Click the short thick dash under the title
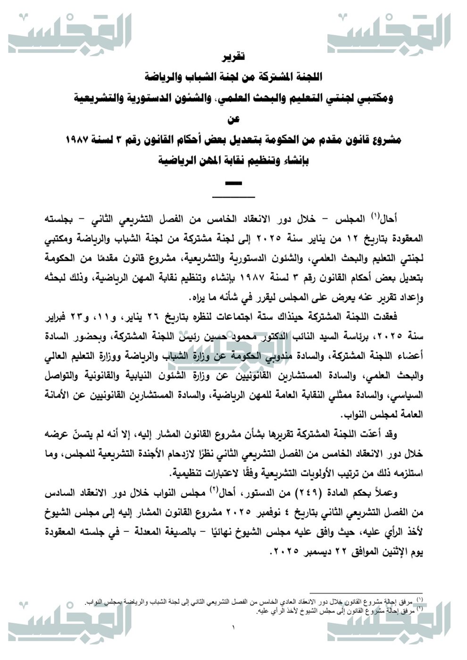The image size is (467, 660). click(x=233, y=183)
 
